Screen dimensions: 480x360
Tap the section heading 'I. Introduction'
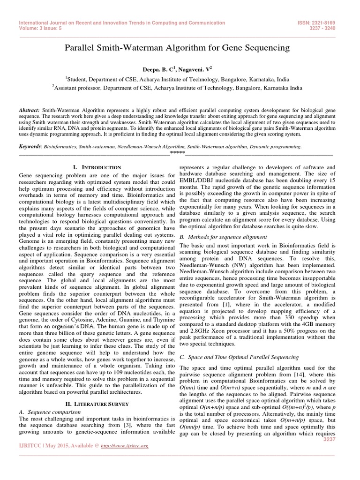pyautogui.click(x=97, y=167)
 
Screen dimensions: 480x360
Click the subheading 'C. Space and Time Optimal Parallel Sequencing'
pyautogui.click(x=240, y=358)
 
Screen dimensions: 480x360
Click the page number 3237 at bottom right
pyautogui.click(x=330, y=439)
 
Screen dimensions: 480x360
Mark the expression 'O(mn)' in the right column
pyautogui.click(x=189, y=389)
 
